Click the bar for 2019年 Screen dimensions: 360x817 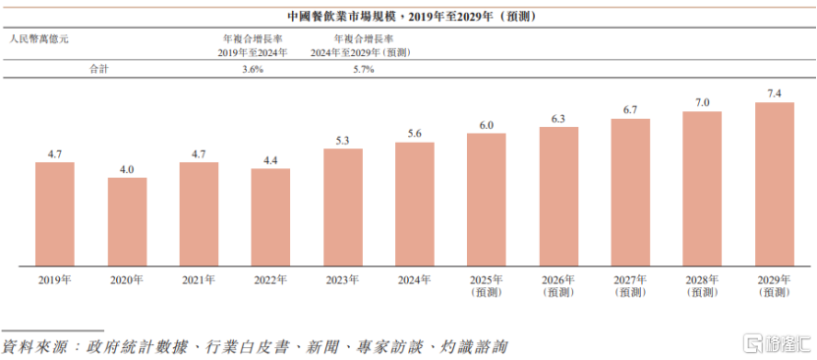click(x=55, y=213)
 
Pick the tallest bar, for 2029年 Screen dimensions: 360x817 click(x=774, y=184)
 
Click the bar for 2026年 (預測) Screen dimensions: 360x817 click(x=558, y=196)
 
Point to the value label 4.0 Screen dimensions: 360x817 click(x=127, y=169)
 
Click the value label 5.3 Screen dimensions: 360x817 click(x=343, y=140)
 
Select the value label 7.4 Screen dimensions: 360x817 click(x=774, y=93)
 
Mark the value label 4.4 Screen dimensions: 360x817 click(x=270, y=159)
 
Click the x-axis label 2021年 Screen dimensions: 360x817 click(x=199, y=280)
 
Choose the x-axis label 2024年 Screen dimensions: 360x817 click(x=415, y=280)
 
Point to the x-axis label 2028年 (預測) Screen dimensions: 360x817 click(x=702, y=286)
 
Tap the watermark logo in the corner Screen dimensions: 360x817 click(x=777, y=344)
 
